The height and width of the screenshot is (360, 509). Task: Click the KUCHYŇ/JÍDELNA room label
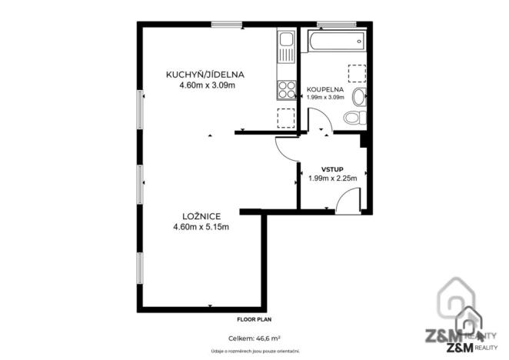coord(205,75)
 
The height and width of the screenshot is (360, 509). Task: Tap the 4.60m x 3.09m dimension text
coord(205,85)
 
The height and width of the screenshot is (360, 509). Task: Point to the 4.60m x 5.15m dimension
coord(205,226)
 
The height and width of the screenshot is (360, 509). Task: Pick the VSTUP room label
coord(332,168)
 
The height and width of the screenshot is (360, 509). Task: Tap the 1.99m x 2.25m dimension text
coord(332,178)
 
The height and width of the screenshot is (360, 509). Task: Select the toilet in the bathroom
coord(354,118)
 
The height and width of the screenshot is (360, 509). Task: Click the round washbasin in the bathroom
coord(358,98)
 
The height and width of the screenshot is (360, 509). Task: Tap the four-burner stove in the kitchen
coord(287,90)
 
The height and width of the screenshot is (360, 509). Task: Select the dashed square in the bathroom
coord(358,74)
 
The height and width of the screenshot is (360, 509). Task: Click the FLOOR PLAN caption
coord(254,318)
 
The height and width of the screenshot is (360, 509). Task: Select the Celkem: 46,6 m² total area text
coord(254,338)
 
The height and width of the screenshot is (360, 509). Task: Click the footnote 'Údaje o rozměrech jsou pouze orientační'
coord(254,351)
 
